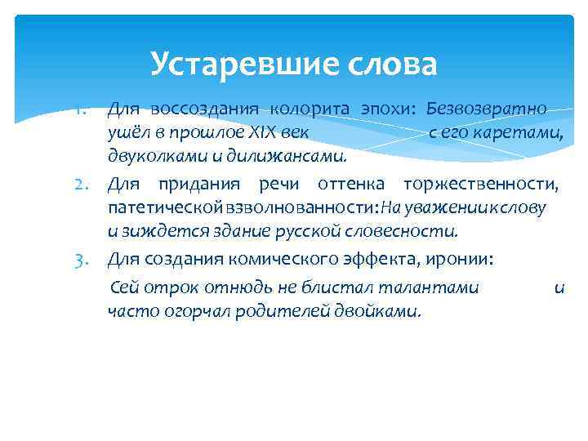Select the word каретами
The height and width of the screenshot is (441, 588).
coord(523,131)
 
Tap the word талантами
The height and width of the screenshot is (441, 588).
coord(433,287)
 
